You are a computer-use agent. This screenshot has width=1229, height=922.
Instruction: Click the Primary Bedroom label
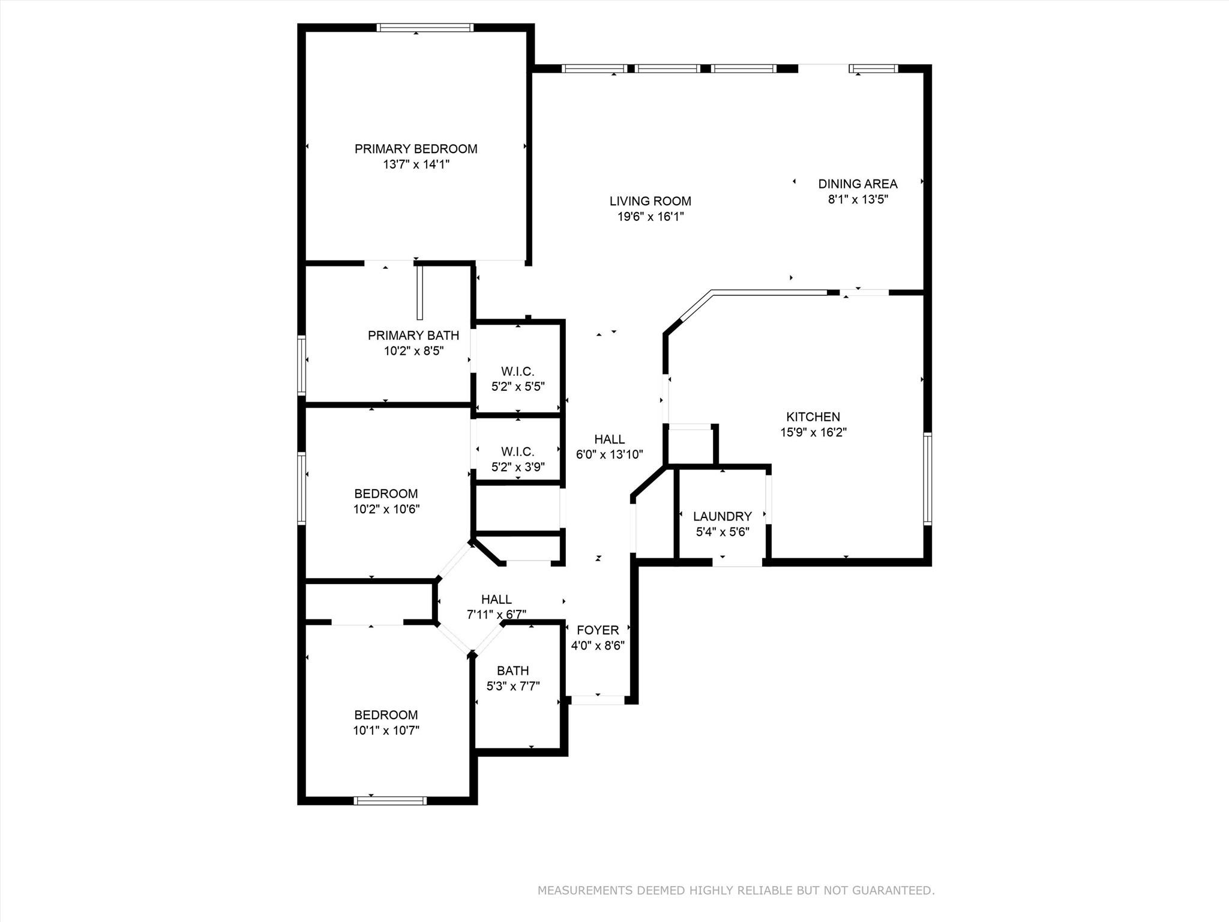(x=416, y=149)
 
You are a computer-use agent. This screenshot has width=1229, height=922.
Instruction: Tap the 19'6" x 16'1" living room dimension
(x=651, y=217)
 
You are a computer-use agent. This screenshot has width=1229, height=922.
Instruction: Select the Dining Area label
(x=858, y=184)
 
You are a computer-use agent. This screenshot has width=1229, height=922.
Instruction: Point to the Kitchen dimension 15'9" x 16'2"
(x=813, y=432)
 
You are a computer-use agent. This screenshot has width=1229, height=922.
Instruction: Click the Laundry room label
(x=722, y=516)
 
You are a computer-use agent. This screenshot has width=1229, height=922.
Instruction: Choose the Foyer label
(x=598, y=630)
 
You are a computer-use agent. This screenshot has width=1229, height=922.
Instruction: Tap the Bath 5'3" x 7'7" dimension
(x=513, y=686)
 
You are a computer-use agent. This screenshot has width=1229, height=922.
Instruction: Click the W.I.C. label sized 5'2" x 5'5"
(x=517, y=372)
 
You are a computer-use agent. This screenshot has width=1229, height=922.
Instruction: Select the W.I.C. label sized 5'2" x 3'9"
(x=517, y=451)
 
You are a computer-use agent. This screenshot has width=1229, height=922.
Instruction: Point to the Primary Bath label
(x=413, y=336)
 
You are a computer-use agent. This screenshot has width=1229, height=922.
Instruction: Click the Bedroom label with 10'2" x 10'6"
(x=386, y=494)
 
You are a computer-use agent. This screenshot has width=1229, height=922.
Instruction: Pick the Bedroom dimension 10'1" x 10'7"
(x=386, y=731)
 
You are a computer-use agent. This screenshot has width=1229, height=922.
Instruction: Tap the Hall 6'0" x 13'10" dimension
(x=609, y=455)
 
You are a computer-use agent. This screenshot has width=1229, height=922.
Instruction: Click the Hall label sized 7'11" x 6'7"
(x=496, y=599)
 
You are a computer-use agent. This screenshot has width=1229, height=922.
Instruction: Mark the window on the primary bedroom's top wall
(x=425, y=28)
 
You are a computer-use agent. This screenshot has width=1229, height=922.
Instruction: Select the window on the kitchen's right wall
(x=927, y=478)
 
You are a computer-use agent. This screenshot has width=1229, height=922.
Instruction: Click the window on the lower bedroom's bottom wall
(x=390, y=800)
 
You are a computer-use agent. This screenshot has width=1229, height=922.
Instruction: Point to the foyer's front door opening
(x=597, y=700)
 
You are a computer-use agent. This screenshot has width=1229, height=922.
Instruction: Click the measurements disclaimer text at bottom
(x=736, y=891)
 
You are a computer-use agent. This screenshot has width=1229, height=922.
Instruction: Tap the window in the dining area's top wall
(x=873, y=69)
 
